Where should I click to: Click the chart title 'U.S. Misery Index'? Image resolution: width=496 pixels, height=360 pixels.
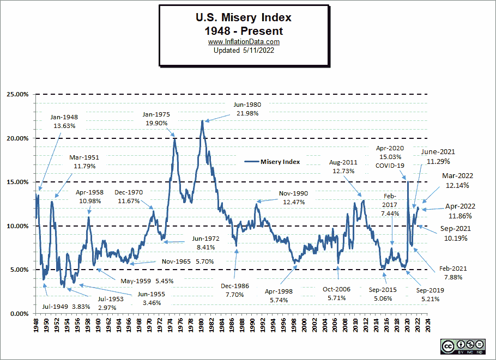click(x=244, y=19)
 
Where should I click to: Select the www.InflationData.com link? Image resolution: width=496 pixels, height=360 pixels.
click(x=244, y=42)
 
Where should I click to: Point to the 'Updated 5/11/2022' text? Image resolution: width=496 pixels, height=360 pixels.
click(x=244, y=50)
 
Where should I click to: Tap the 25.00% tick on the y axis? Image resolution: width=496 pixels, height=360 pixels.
click(x=17, y=94)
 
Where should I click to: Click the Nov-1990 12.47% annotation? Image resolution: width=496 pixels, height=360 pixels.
click(x=294, y=198)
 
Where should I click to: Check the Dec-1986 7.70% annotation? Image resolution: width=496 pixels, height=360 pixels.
click(x=235, y=290)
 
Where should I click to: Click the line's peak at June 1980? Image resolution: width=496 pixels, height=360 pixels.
click(x=202, y=121)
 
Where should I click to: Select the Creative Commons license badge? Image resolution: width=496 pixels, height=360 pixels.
click(x=463, y=346)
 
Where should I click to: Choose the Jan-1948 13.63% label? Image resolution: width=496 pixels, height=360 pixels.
click(x=64, y=121)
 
